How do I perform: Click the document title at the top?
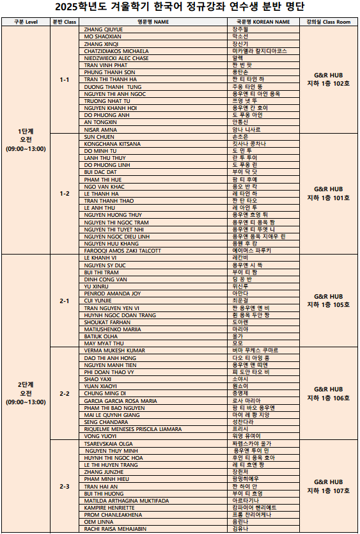(180, 8)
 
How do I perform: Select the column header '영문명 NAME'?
(153, 22)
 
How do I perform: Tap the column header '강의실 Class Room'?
(328, 22)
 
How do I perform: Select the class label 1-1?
(65, 80)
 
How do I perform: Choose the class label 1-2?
(65, 194)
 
